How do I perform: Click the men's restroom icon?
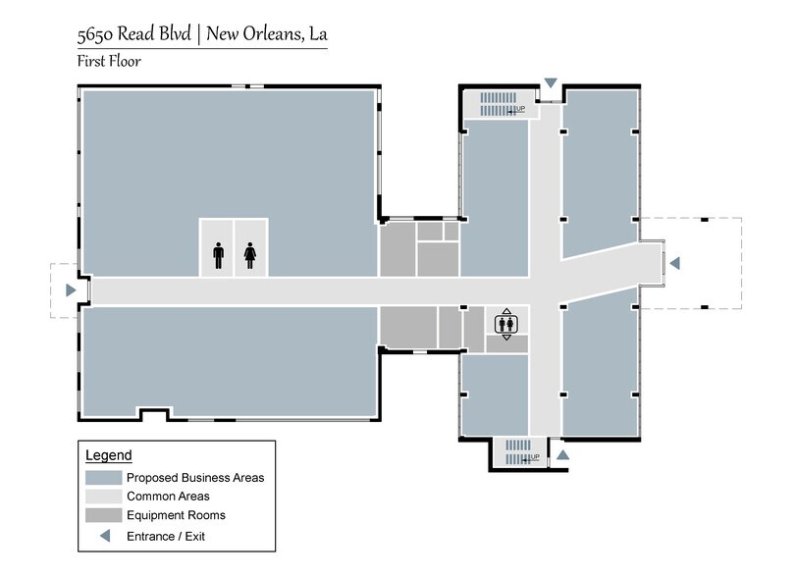[218, 256]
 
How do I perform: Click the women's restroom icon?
[249, 256]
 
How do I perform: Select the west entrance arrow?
[70, 290]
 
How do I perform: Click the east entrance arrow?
[674, 263]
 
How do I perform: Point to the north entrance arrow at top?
[551, 81]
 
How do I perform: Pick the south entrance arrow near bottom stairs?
[562, 455]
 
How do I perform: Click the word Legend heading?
[108, 456]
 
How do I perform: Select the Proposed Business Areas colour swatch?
[102, 478]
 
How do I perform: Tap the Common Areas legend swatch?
[102, 497]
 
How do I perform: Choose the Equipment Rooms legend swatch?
[102, 515]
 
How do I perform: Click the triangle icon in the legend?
[102, 536]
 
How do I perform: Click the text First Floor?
[109, 61]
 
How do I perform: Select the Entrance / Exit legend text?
[166, 536]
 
